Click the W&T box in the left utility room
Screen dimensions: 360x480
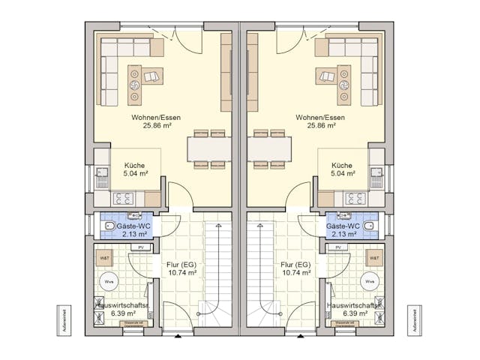tap(104, 258)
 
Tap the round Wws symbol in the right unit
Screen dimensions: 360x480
tap(370, 282)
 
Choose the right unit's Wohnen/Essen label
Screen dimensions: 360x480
tap(320, 118)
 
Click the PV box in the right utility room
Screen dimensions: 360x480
tap(339, 247)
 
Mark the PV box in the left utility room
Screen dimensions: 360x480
tap(140, 247)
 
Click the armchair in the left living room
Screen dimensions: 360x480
tap(154, 75)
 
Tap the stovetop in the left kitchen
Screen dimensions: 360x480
tap(123, 199)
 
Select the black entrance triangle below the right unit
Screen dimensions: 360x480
tap(301, 336)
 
